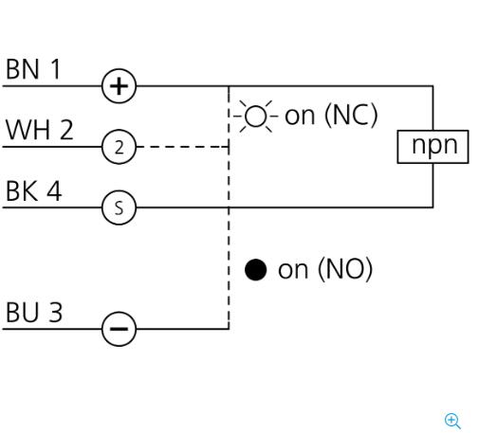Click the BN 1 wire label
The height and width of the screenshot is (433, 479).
coord(33,69)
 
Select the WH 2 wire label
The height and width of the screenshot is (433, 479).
coord(40,130)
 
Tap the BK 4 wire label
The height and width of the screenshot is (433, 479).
coord(33,190)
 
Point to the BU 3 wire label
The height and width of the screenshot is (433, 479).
coord(34,313)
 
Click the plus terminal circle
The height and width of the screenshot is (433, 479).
coord(119,86)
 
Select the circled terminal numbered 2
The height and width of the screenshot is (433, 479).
coord(119,147)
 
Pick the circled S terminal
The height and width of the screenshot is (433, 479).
coord(119,207)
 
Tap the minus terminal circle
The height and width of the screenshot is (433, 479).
coord(119,329)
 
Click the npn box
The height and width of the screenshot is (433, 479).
coord(433,147)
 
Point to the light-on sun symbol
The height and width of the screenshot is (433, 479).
coord(255,117)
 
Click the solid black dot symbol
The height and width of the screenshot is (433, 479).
coord(255,270)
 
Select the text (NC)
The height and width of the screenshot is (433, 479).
coord(351,116)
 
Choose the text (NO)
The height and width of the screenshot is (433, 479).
coord(345,269)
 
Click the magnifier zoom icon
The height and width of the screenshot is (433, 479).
coord(452,421)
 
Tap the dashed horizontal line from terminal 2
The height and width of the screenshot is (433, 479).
coord(182,147)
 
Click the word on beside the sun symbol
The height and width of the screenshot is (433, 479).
coord(300,117)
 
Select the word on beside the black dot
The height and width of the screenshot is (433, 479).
coord(293,270)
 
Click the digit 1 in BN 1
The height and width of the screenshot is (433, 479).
coord(55,69)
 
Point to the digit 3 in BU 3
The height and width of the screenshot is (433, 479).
coord(55,313)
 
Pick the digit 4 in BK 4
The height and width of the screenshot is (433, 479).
coord(54,190)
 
